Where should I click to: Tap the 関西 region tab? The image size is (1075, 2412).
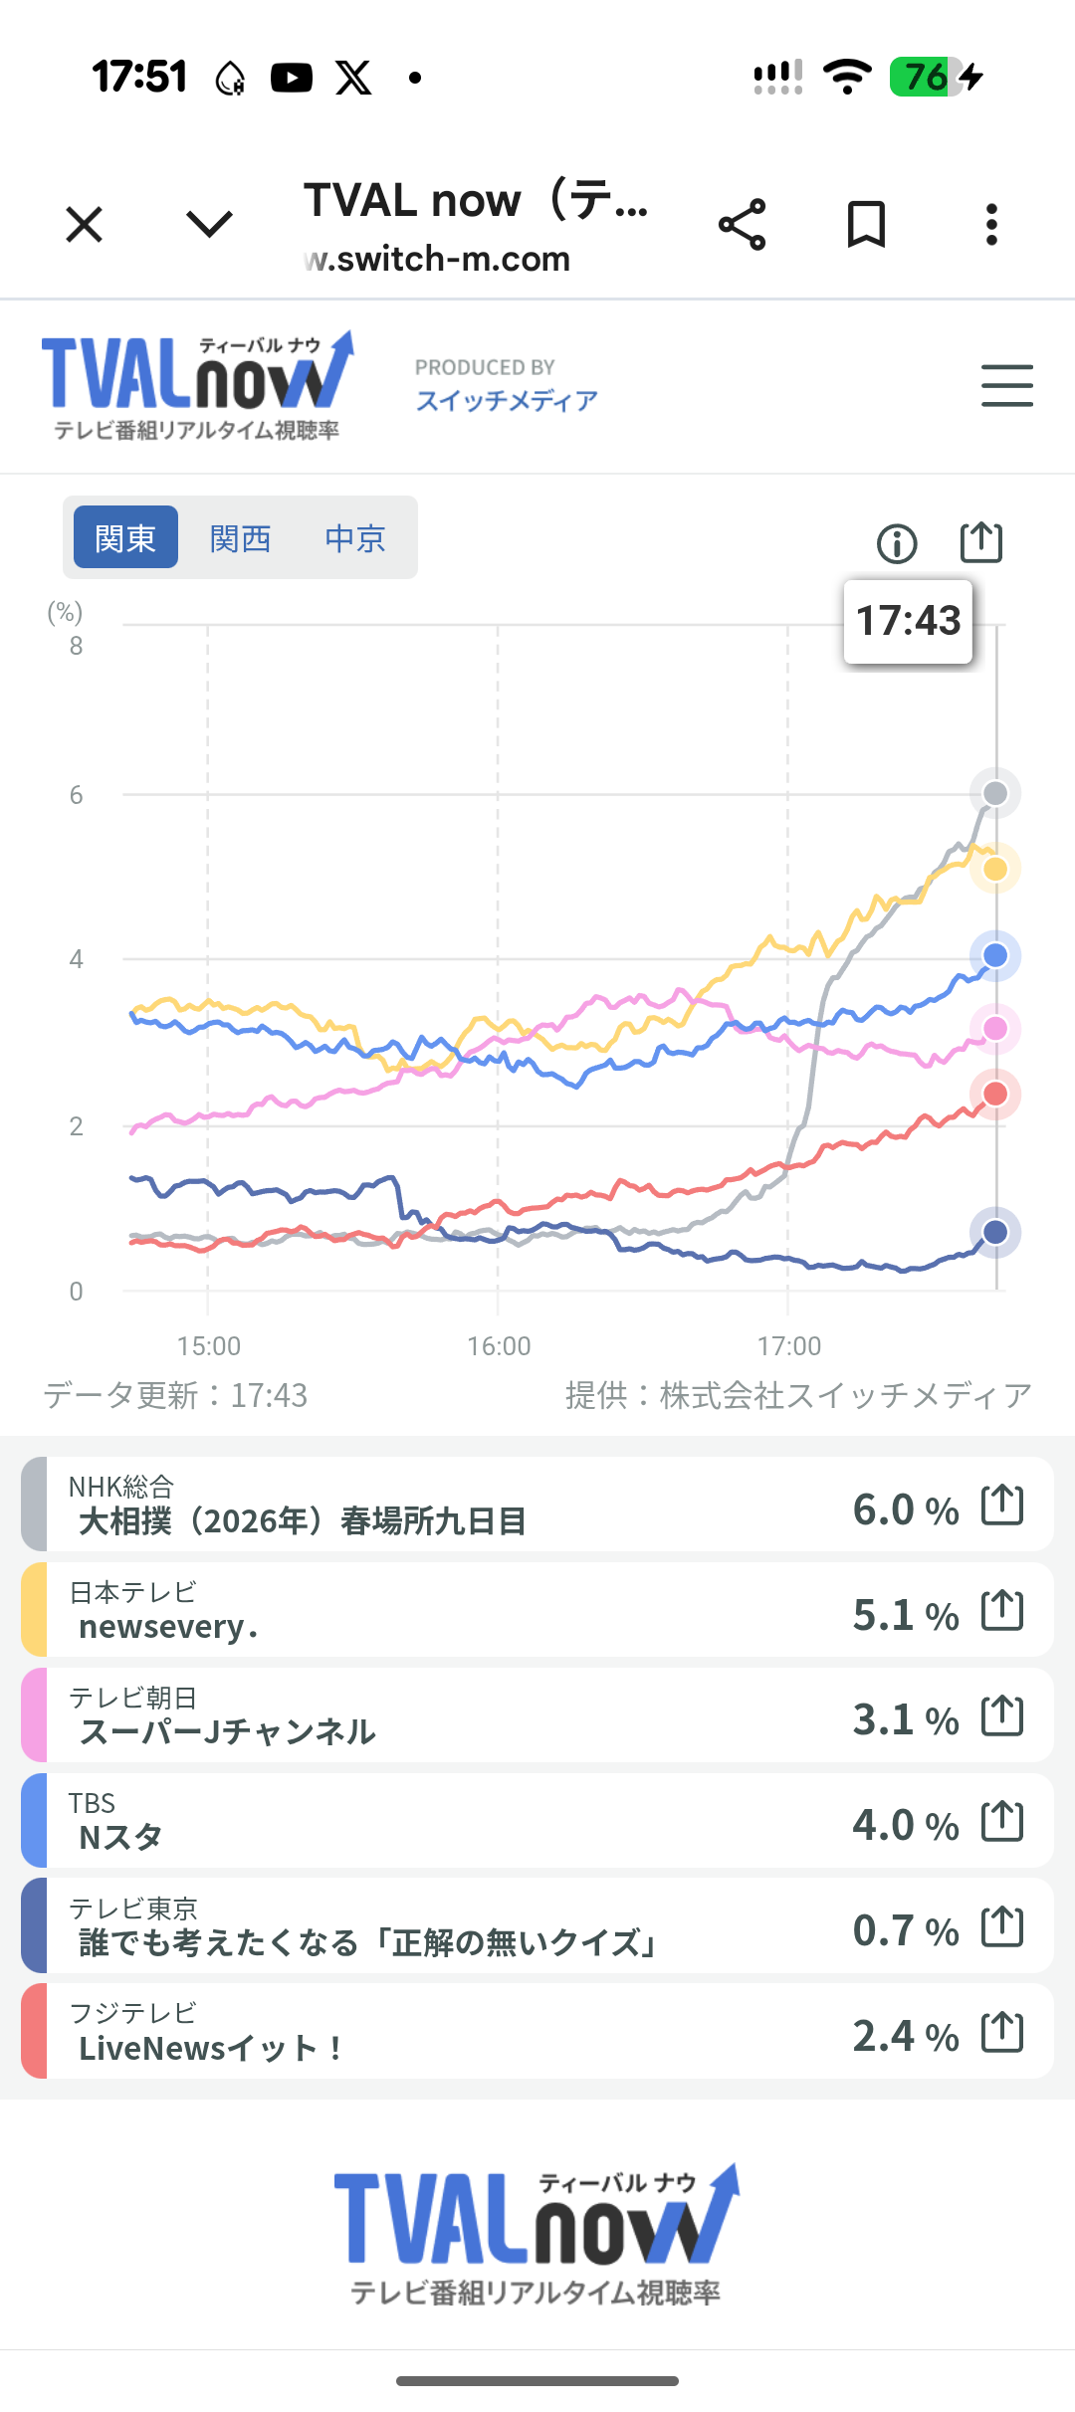point(240,538)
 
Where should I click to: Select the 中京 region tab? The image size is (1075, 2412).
point(355,538)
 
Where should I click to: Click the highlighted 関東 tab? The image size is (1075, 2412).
point(125,537)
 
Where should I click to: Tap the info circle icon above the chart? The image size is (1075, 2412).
point(897,543)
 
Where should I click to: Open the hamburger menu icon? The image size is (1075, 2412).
point(1006,385)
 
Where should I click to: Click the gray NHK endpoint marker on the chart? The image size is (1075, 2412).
point(995,793)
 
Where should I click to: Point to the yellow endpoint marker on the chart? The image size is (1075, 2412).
point(995,869)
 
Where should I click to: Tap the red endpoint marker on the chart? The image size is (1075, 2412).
point(995,1095)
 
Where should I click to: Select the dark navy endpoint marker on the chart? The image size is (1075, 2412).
point(995,1232)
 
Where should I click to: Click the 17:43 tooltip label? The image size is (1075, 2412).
point(908,621)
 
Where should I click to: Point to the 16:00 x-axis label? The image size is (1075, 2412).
point(499,1346)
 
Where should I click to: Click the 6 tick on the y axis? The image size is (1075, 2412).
point(76,795)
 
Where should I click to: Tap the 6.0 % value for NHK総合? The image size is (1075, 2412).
point(905,1509)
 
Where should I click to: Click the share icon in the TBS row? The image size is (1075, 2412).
point(1002,1821)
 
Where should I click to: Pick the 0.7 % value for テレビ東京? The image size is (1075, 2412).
point(905,1930)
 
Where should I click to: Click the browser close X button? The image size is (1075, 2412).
point(85,224)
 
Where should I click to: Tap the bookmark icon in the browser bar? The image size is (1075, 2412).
point(866,224)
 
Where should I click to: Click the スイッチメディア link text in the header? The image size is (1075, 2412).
point(507,400)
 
